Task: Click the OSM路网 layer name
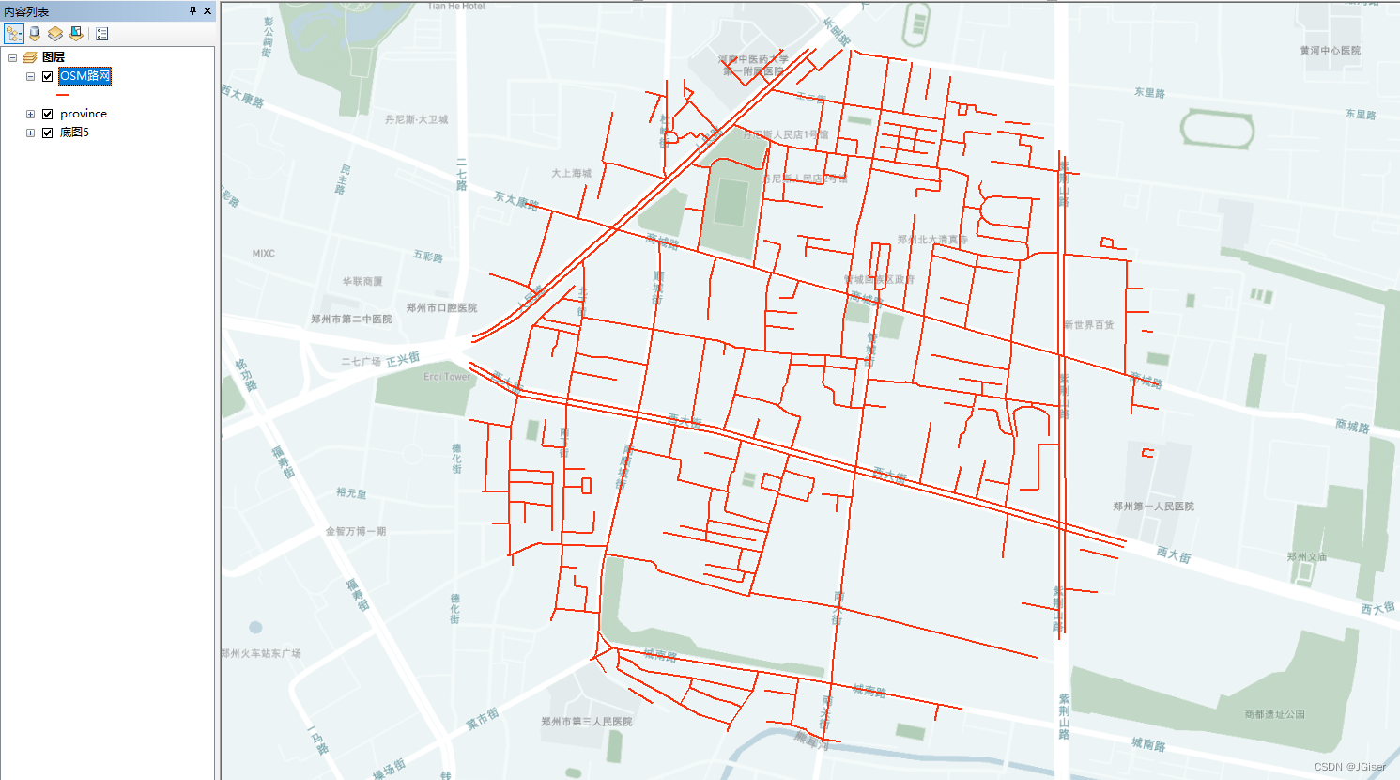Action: point(85,76)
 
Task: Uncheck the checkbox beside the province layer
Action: point(47,114)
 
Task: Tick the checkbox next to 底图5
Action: point(47,133)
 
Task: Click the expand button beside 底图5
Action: point(30,133)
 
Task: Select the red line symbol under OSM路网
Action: point(63,95)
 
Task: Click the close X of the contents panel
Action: point(208,11)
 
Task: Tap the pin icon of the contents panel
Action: point(192,11)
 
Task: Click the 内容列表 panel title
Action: point(26,11)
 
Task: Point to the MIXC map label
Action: point(263,254)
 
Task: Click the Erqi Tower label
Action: point(447,377)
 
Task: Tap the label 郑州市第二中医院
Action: point(351,320)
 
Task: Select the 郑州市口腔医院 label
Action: point(441,308)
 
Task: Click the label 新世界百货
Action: point(1088,325)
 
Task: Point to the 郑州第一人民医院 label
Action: point(1153,507)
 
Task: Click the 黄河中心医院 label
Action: point(1330,51)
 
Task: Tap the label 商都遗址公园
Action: point(1274,714)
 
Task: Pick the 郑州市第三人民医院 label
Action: point(586,722)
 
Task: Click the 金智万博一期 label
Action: point(355,532)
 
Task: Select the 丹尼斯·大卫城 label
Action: point(416,120)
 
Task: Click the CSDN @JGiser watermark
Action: point(1349,767)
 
